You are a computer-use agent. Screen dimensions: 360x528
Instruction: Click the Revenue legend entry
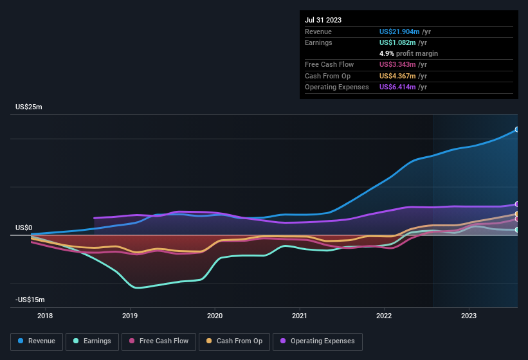pos(37,341)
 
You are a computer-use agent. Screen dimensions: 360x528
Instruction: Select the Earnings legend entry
pos(93,341)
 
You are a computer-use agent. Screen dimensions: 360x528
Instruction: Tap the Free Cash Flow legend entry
pos(159,341)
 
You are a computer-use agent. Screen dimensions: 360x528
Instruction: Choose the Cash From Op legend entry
pos(234,341)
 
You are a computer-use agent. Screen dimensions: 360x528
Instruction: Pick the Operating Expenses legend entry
pos(318,341)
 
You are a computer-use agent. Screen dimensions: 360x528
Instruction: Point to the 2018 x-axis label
pos(45,316)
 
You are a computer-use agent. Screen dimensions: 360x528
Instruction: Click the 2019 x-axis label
pos(130,316)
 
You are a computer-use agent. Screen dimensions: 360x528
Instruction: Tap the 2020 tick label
pos(215,316)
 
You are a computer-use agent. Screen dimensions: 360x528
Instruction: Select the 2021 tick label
pos(299,316)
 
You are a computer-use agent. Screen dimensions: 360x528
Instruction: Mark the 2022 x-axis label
pos(384,316)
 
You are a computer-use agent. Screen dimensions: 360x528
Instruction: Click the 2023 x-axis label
pos(469,316)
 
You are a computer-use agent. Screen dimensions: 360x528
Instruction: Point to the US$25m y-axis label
pos(29,107)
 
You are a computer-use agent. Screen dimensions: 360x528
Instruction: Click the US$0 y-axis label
pos(24,228)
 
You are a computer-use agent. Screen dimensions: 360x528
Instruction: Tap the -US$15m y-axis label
pos(30,300)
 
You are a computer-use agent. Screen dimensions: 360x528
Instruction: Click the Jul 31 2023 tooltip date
pos(323,20)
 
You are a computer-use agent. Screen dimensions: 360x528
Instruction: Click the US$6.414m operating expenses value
pos(400,87)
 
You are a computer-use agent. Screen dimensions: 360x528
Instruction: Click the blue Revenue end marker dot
pos(517,130)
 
